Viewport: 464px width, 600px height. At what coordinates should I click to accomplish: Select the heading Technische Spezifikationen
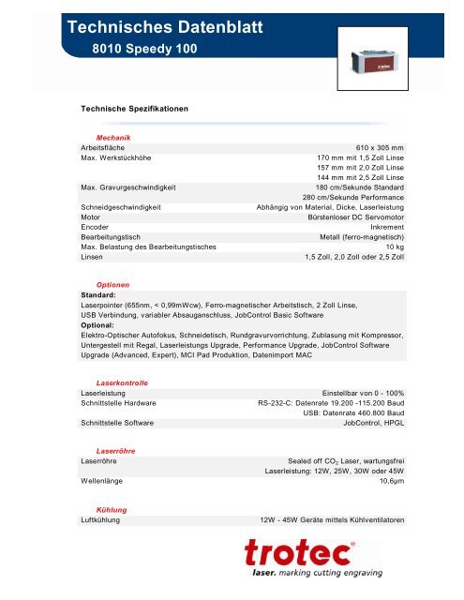tap(137, 109)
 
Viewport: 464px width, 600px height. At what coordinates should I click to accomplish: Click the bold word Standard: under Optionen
tap(101, 295)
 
